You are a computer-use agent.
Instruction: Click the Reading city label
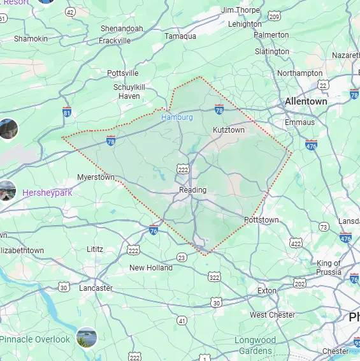pyautogui.click(x=192, y=190)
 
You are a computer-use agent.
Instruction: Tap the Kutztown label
pyautogui.click(x=228, y=130)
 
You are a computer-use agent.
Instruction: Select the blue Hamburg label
pyautogui.click(x=176, y=117)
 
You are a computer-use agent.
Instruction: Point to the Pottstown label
pyautogui.click(x=261, y=220)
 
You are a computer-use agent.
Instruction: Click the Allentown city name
pyautogui.click(x=306, y=101)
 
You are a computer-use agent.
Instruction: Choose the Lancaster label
pyautogui.click(x=96, y=288)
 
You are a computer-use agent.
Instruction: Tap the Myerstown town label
pyautogui.click(x=96, y=177)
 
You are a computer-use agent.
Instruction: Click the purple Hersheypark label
pyautogui.click(x=47, y=193)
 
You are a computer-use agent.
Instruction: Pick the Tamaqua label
pyautogui.click(x=180, y=36)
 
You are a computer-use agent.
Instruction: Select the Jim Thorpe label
pyautogui.click(x=240, y=10)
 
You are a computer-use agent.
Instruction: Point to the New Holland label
pyautogui.click(x=151, y=268)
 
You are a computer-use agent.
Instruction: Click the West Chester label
pyautogui.click(x=273, y=315)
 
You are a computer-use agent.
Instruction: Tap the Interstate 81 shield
pyautogui.click(x=67, y=113)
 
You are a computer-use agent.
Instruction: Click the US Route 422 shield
pyautogui.click(x=295, y=243)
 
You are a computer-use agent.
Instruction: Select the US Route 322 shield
pyautogui.click(x=214, y=276)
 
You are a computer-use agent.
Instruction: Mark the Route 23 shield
pyautogui.click(x=182, y=258)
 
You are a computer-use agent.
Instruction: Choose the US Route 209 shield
pyautogui.click(x=274, y=16)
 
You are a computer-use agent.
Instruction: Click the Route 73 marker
pyautogui.click(x=324, y=227)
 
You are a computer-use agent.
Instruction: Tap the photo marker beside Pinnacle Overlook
pyautogui.click(x=86, y=337)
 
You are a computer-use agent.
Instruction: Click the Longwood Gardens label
pyautogui.click(x=255, y=345)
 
